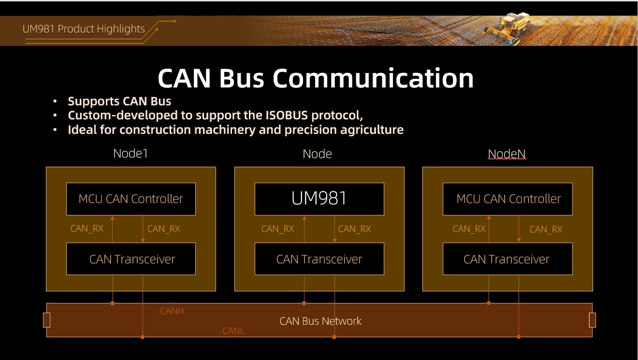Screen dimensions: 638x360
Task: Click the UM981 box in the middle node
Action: pyautogui.click(x=319, y=199)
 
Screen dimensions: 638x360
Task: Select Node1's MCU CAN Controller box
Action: pyautogui.click(x=131, y=199)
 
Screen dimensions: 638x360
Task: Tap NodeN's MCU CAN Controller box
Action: pyautogui.click(x=507, y=199)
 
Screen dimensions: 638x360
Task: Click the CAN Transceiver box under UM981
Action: pyautogui.click(x=319, y=259)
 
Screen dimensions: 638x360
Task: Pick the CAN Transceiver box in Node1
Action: pyautogui.click(x=131, y=259)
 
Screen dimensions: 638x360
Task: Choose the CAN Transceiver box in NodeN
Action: pyautogui.click(x=507, y=259)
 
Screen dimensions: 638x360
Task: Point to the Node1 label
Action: pyautogui.click(x=130, y=154)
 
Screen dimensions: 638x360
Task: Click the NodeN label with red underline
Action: pyautogui.click(x=507, y=154)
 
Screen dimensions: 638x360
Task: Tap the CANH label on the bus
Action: pyautogui.click(x=172, y=311)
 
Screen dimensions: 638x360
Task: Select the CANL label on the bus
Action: pyautogui.click(x=233, y=331)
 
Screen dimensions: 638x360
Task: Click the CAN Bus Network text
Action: pyautogui.click(x=320, y=321)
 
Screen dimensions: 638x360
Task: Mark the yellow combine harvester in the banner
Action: pyautogui.click(x=507, y=27)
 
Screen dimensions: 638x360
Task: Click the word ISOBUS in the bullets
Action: pyautogui.click(x=287, y=115)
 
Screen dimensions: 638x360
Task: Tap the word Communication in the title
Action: pyautogui.click(x=373, y=78)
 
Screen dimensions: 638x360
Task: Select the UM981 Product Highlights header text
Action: pyautogui.click(x=84, y=29)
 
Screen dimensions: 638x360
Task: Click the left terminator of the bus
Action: pyautogui.click(x=47, y=320)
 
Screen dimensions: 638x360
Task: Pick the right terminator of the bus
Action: pyautogui.click(x=593, y=320)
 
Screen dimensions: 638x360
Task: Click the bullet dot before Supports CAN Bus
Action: pyautogui.click(x=55, y=101)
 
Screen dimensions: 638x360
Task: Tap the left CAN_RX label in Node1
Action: pyautogui.click(x=87, y=229)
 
